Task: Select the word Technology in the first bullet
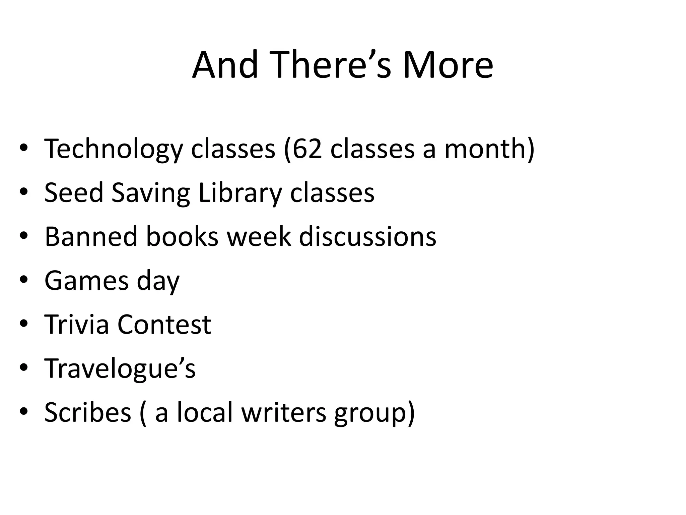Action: click(x=114, y=149)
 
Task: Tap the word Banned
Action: click(x=91, y=237)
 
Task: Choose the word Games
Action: click(x=86, y=281)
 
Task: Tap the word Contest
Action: click(x=164, y=325)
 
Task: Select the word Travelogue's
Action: click(x=120, y=368)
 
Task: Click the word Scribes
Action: click(x=87, y=412)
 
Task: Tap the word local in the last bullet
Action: click(x=205, y=412)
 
